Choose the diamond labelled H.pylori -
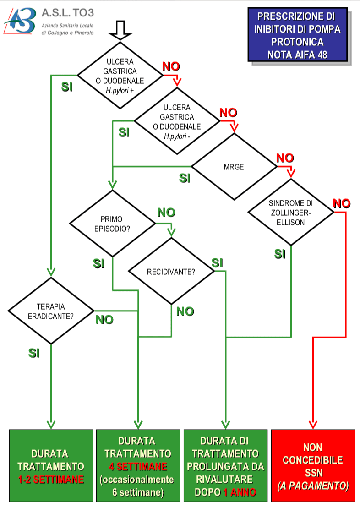[177, 121]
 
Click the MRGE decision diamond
[234, 167]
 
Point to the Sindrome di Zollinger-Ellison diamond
[291, 212]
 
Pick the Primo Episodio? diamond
[112, 224]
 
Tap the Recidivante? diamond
[171, 272]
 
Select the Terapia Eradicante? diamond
[51, 311]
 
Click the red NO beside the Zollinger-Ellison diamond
[342, 203]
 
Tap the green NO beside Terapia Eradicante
[104, 320]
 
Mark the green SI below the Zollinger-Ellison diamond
[280, 254]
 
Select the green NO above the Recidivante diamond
[166, 212]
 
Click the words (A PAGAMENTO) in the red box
[313, 486]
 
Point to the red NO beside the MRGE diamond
[285, 158]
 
